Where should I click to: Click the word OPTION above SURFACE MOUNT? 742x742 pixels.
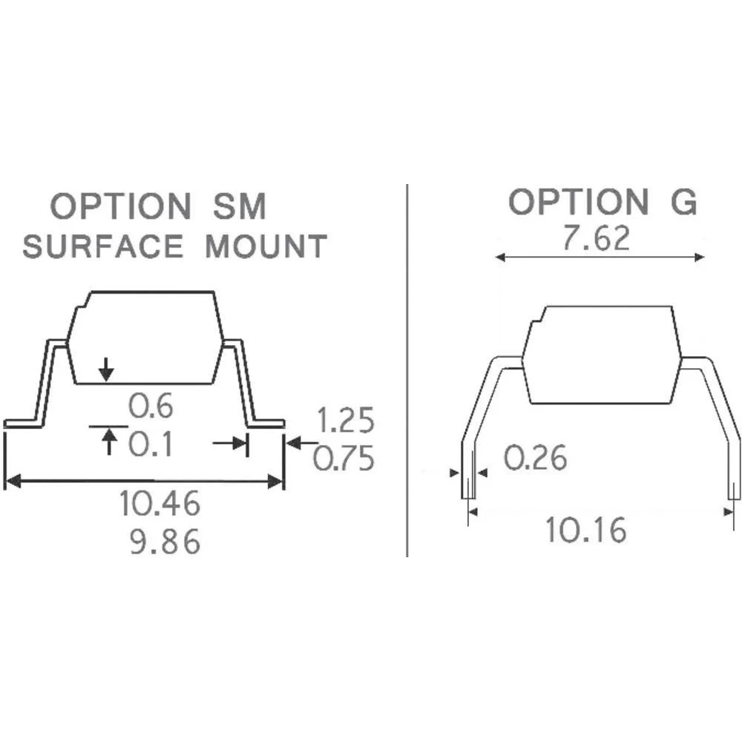(x=120, y=206)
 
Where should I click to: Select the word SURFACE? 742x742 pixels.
(x=102, y=246)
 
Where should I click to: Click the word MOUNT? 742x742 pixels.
(x=266, y=246)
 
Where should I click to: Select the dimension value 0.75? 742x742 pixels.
(x=344, y=459)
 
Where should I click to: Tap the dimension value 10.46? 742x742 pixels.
(x=160, y=505)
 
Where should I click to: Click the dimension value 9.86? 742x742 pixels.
(x=165, y=543)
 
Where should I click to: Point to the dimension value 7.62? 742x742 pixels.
(x=596, y=239)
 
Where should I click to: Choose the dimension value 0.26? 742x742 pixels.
(x=536, y=458)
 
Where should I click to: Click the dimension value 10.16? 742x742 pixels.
(x=586, y=530)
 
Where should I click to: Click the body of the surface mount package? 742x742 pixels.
(x=145, y=338)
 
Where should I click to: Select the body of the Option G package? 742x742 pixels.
(x=602, y=355)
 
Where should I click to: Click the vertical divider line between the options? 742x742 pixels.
(x=407, y=371)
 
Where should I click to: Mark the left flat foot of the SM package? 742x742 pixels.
(x=22, y=424)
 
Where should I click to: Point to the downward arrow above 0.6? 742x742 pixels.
(x=107, y=369)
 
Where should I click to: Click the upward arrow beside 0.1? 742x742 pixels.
(x=110, y=442)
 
